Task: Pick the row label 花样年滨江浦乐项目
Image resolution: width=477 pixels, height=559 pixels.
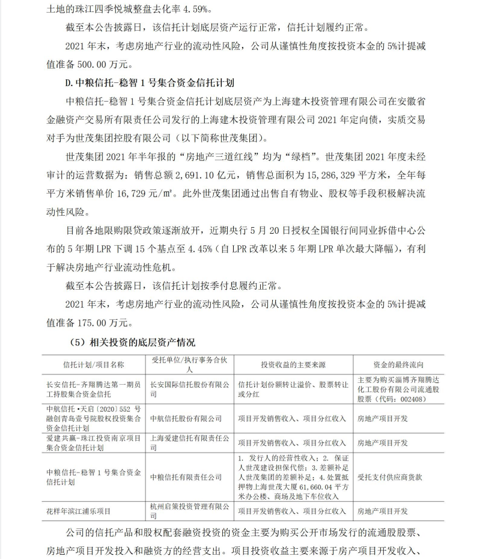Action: (79, 512)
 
